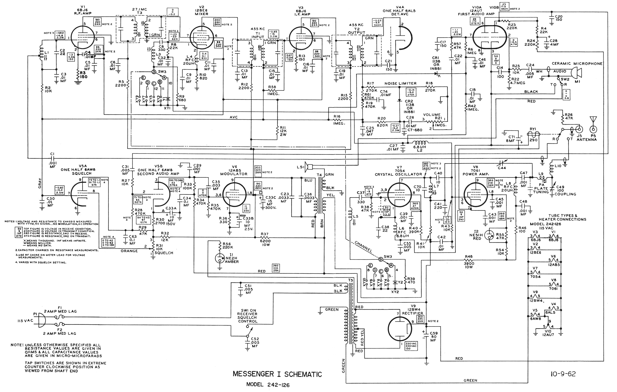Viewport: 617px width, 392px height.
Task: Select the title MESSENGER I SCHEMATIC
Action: (277, 374)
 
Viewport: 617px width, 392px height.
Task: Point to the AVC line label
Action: (233, 117)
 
